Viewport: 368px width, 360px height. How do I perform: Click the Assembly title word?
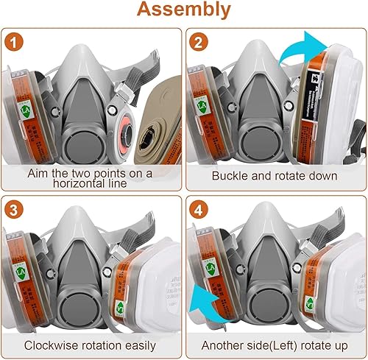click(x=184, y=11)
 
